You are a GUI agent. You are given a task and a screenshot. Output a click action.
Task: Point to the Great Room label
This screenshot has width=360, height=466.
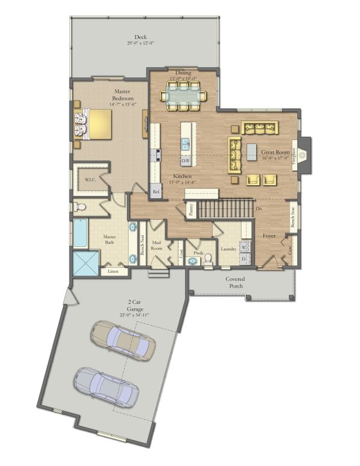point(275,154)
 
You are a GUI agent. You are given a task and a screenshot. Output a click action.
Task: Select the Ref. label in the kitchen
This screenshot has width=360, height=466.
point(156,192)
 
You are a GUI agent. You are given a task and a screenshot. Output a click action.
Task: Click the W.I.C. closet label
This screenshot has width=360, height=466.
point(91,180)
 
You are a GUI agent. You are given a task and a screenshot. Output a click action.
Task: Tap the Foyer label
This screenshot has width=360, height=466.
point(269,236)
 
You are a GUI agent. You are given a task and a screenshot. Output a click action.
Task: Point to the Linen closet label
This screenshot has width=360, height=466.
point(113,271)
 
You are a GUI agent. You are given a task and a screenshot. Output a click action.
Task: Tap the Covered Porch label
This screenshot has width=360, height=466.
point(235,282)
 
